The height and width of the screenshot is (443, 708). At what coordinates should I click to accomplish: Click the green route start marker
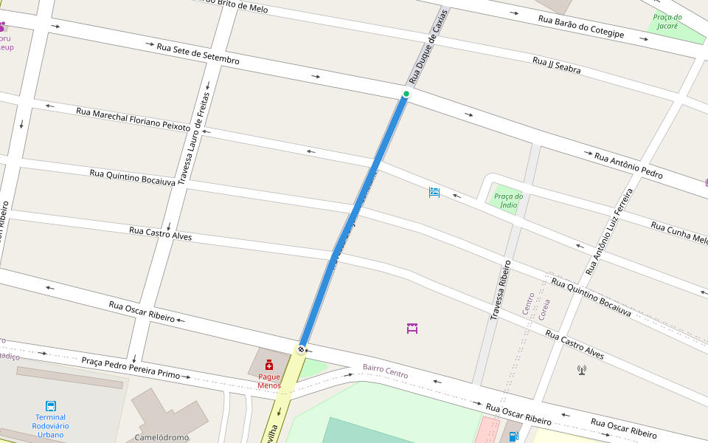pos(406,94)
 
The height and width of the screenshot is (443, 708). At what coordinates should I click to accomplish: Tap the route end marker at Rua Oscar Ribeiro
pos(301,348)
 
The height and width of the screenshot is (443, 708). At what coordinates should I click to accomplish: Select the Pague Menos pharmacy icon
pos(269,365)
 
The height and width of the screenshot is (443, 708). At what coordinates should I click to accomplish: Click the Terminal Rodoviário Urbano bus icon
pos(51,406)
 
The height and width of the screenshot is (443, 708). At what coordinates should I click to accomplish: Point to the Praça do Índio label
pos(508,200)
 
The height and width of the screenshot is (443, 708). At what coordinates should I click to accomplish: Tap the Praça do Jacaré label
pos(667,21)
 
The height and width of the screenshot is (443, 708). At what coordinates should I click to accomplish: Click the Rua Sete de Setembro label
pos(198,54)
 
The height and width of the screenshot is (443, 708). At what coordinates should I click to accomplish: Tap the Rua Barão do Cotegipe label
pos(581,27)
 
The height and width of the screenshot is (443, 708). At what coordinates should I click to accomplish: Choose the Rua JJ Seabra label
pos(556,65)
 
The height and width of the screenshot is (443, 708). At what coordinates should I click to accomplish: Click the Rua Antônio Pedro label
pos(628,166)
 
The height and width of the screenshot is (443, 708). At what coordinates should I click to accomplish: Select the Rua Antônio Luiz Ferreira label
pos(609,232)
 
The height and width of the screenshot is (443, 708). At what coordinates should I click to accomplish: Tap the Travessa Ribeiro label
pos(500,290)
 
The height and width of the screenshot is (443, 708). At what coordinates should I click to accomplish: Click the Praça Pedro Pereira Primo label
pos(131,368)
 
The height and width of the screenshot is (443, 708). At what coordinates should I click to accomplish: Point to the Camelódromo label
pos(162,437)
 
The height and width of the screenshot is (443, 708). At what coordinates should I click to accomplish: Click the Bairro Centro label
pos(385,371)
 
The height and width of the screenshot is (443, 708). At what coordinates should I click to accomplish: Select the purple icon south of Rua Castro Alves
pos(412,328)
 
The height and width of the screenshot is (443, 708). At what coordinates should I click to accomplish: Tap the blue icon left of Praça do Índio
pos(434,193)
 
